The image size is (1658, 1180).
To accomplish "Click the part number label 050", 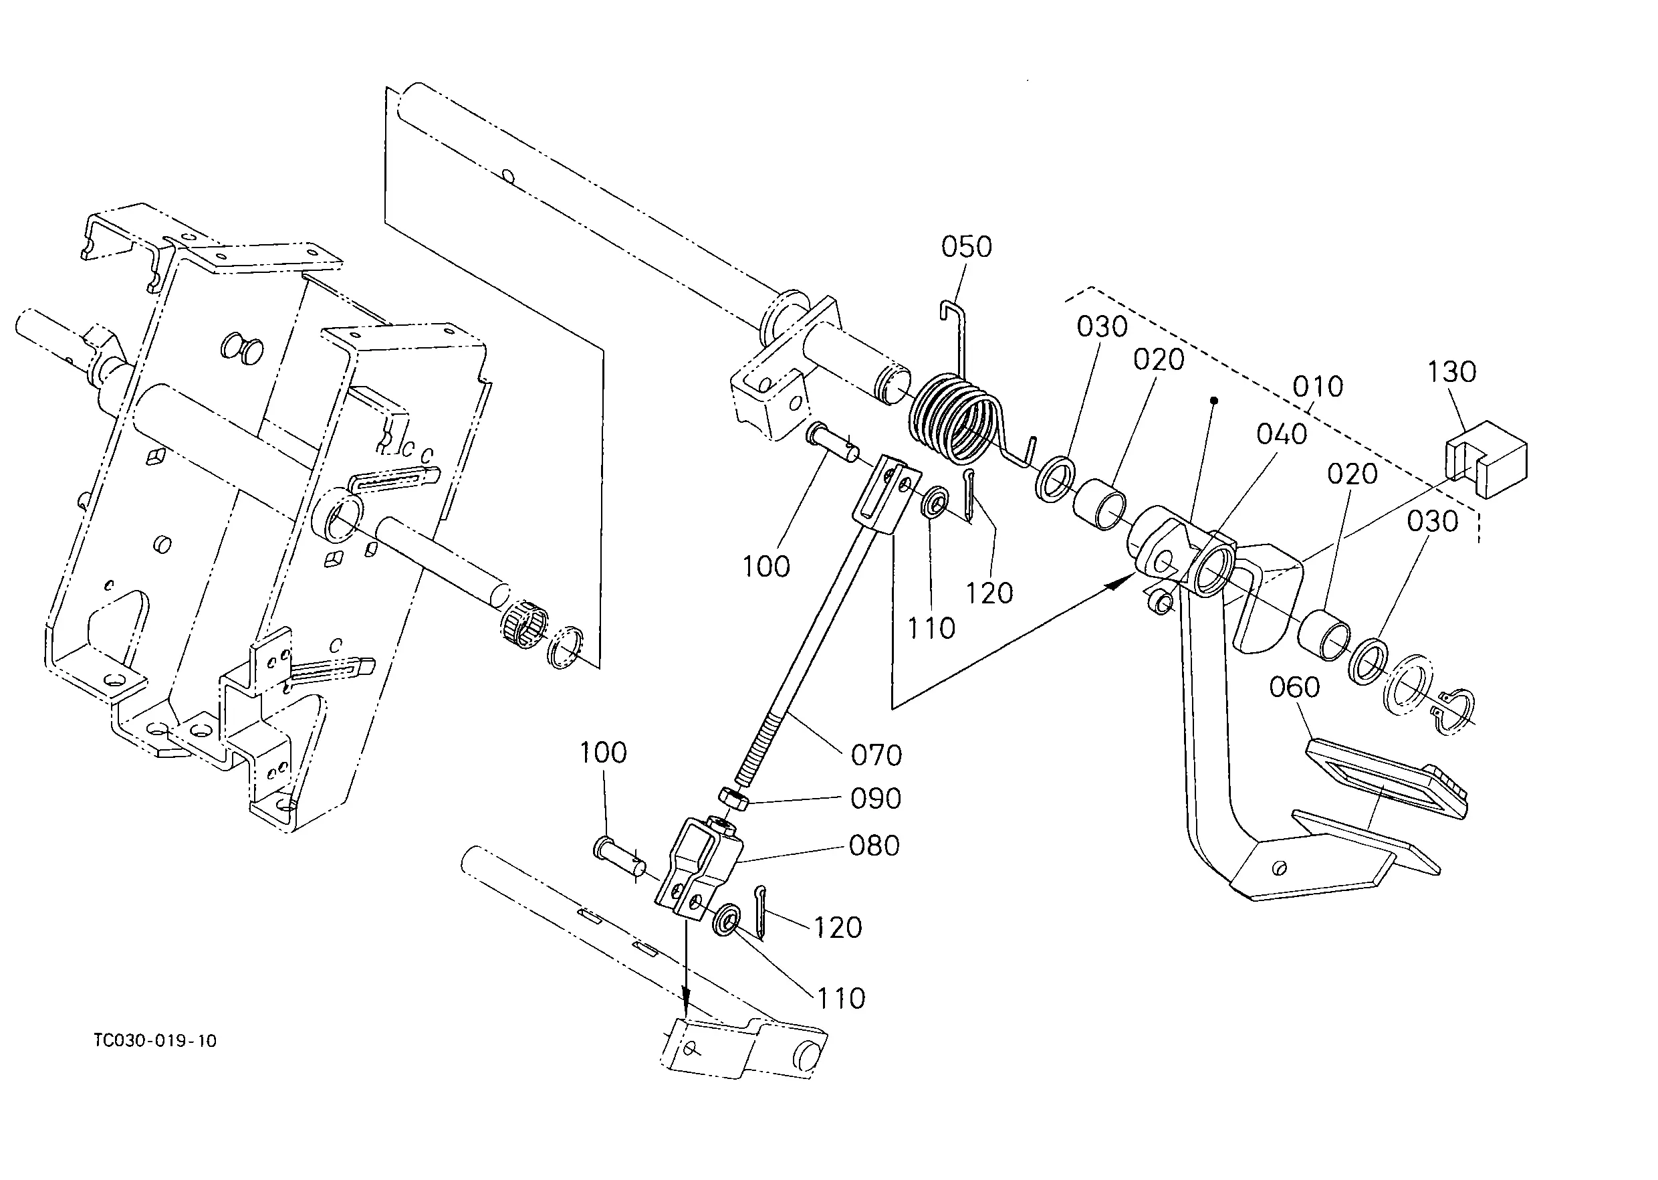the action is pyautogui.click(x=966, y=247).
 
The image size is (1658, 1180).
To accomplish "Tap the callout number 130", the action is pyautogui.click(x=1451, y=372).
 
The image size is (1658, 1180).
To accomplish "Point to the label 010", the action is pyautogui.click(x=1318, y=387).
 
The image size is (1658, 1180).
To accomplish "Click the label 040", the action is pyautogui.click(x=1282, y=435).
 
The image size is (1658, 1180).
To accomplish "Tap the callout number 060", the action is pyautogui.click(x=1294, y=686).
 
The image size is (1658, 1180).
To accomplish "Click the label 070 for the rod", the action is pyautogui.click(x=876, y=756).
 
